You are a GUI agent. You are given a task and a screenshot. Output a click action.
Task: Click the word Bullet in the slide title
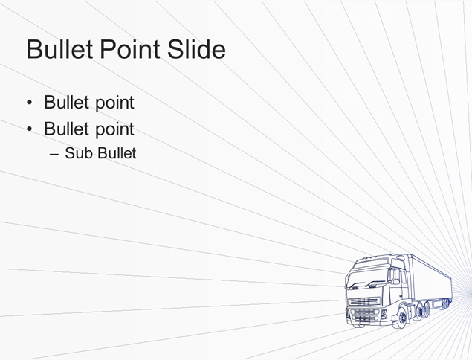coord(59,49)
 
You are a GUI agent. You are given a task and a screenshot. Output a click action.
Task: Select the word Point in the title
coord(130,49)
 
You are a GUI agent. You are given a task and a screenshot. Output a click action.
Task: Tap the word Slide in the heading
coord(196,49)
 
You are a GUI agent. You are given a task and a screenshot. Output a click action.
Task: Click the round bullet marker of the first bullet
coord(29,103)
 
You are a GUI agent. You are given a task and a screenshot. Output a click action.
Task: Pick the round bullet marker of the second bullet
coord(29,129)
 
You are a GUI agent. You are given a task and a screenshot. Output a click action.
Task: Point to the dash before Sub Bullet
coord(54,154)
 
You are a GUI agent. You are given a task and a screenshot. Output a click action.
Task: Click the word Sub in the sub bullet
coord(80,153)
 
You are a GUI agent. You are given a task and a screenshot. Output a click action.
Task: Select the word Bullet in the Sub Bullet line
coord(117,153)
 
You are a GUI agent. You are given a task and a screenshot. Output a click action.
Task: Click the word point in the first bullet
coord(115,103)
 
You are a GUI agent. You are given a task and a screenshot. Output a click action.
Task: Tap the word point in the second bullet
coord(115,130)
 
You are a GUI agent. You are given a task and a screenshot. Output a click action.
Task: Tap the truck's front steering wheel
coord(402,318)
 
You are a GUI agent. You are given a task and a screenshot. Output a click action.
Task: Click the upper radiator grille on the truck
coord(364,301)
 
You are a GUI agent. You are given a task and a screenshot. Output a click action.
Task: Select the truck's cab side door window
coord(395,277)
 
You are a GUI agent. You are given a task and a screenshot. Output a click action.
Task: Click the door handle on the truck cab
coord(401,296)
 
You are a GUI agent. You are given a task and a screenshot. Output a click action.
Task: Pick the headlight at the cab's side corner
coord(384,314)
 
